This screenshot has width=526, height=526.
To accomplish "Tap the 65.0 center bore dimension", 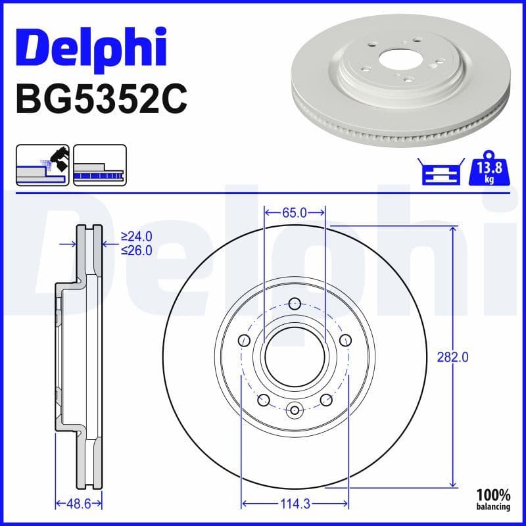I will tap(295, 212).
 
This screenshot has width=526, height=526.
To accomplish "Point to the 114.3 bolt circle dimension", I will tap(295, 504).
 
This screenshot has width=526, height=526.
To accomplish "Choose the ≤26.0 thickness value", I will tap(137, 250).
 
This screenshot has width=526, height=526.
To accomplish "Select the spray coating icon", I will tap(42, 164).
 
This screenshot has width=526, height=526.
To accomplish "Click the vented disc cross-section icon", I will tap(99, 164).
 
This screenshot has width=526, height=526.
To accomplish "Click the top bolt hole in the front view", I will tap(295, 303).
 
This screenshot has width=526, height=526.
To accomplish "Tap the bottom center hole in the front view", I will tap(295, 410).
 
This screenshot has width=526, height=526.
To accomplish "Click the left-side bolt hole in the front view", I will tap(244, 340).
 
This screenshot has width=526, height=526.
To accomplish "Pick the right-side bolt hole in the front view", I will tap(345, 340).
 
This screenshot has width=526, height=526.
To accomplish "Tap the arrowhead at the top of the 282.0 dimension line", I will tap(452, 229).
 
